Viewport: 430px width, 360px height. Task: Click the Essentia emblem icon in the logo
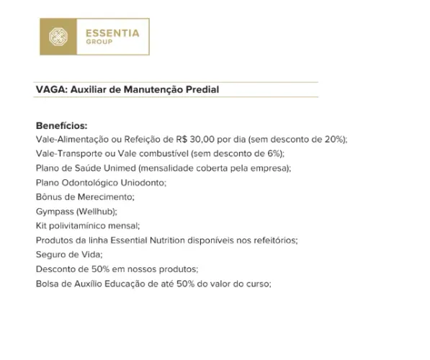tap(58, 37)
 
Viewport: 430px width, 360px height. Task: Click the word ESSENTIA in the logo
tap(112, 32)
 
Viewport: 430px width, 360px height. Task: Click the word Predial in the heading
tap(201, 90)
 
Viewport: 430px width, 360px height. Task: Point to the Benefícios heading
tap(61, 126)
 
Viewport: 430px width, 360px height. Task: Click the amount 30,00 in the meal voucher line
tap(210, 139)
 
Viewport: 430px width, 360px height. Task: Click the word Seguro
tap(51, 254)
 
